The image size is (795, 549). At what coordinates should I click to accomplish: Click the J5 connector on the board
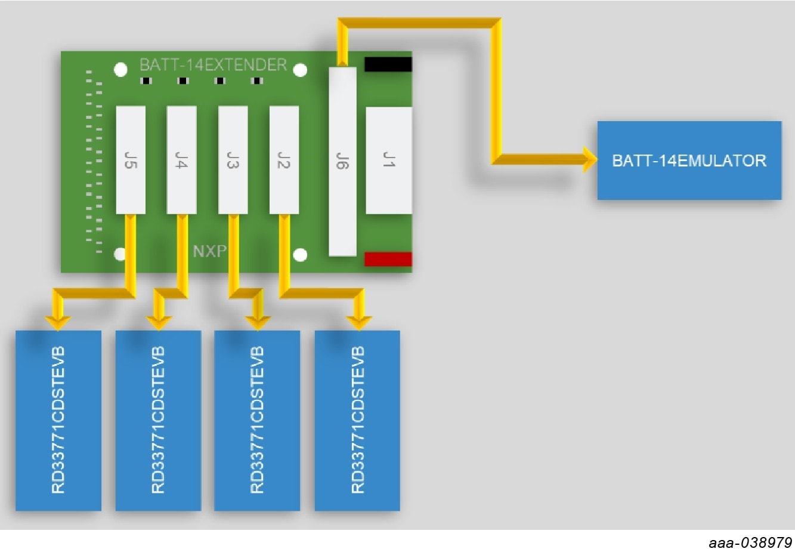131,160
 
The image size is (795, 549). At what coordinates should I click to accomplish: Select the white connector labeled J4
181,160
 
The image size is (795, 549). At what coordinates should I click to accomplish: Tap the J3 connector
233,160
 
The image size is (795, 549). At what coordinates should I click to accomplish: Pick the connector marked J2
284,160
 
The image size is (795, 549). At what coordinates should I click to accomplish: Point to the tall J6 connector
342,162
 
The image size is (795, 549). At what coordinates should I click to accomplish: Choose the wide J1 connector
388,160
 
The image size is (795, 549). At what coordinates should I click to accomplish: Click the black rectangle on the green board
388,64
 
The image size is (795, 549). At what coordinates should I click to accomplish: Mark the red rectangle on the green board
388,259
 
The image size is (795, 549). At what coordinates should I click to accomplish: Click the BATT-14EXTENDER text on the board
213,64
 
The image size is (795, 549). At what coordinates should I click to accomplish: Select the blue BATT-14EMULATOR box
689,161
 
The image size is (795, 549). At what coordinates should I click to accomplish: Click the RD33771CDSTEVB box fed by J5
58,420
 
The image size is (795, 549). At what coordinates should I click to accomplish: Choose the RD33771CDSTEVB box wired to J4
158,420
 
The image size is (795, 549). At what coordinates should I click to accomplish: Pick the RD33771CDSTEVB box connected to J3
257,420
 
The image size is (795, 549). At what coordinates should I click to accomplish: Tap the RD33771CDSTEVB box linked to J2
357,420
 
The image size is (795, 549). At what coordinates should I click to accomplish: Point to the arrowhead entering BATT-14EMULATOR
589,159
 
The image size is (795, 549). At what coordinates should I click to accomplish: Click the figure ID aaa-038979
750,542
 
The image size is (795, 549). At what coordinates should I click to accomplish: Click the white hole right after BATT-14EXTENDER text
301,70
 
